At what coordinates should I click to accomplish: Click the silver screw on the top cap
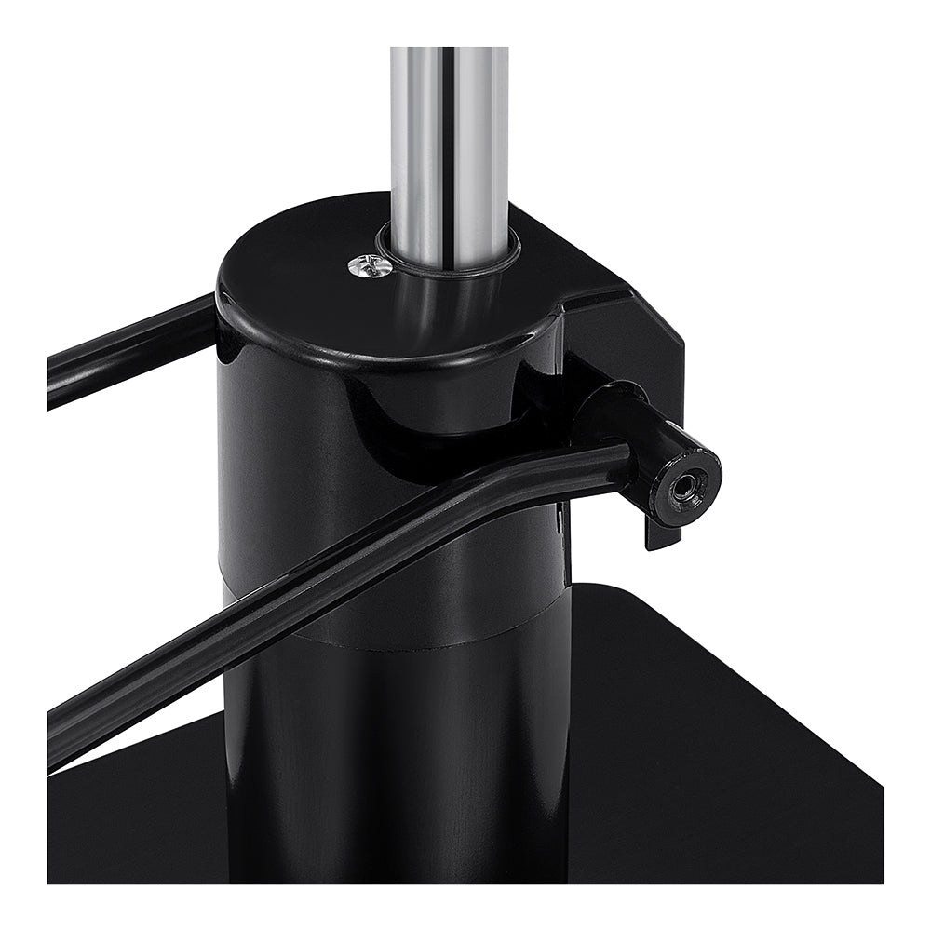point(369,267)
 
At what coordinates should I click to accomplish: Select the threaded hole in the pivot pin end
point(686,485)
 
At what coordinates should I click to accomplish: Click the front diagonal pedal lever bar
point(279,614)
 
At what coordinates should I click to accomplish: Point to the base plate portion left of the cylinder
point(140,819)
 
